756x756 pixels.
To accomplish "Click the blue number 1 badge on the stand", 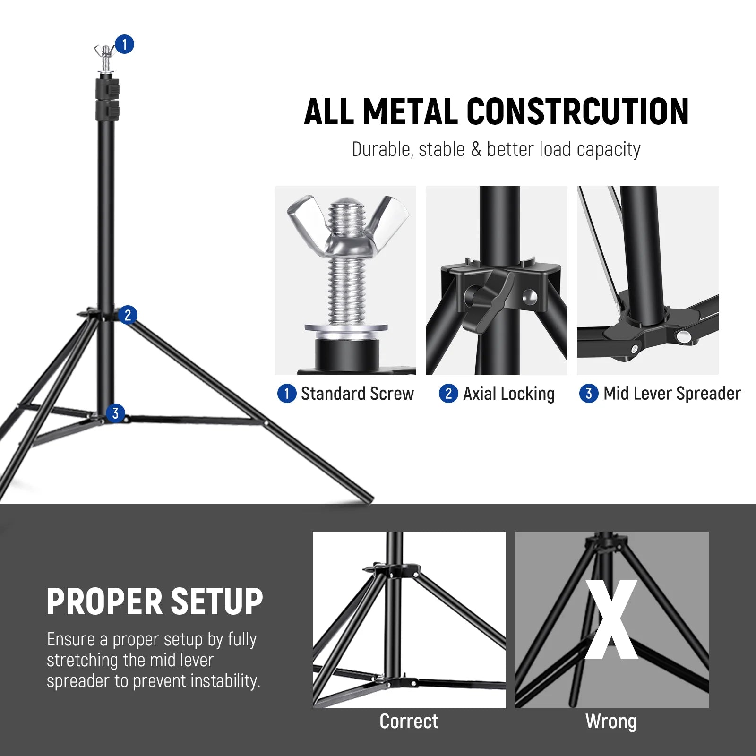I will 124,44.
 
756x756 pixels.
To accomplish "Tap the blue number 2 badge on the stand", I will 128,315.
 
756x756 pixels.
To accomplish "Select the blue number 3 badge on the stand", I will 115,413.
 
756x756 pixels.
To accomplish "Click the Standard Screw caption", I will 357,394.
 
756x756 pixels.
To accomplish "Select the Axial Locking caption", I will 508,394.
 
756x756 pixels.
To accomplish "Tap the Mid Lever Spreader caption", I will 672,394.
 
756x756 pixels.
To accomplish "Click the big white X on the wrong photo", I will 611,620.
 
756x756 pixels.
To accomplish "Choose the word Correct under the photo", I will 409,722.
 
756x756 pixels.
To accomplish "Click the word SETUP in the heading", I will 216,602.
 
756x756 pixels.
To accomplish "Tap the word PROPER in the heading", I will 105,602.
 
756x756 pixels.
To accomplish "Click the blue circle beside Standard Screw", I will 286,394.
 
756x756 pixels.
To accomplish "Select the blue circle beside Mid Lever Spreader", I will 589,394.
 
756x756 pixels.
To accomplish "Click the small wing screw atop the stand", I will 106,52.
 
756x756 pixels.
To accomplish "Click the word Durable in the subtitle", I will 381,149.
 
